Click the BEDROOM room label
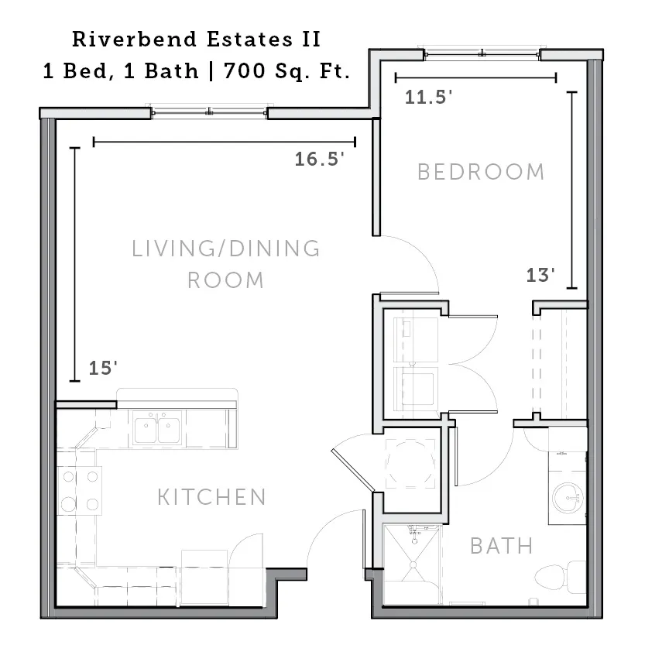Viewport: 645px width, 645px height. pos(481,172)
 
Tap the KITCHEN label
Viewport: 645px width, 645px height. pos(212,497)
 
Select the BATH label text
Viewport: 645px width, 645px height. pos(502,546)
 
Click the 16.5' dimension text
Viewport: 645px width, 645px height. pos(320,160)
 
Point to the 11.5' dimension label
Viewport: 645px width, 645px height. pos(429,98)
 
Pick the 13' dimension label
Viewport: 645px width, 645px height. pos(540,275)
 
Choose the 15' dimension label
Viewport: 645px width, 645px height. pos(103,368)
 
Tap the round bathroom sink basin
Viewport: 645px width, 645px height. pos(568,498)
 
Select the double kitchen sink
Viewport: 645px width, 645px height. pos(157,430)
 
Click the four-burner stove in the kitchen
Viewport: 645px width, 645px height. pos(80,490)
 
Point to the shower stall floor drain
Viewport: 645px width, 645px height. pos(413,565)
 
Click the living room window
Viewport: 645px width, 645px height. pos(209,112)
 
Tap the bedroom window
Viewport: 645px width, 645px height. pos(482,53)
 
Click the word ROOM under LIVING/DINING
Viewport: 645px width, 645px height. pos(225,280)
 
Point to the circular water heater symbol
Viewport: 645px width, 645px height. pos(410,464)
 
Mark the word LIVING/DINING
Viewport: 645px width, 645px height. pos(226,249)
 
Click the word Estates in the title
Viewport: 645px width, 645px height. pos(249,39)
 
